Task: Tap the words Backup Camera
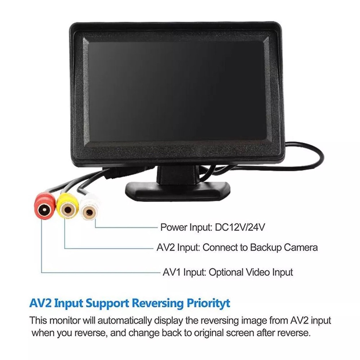coord(284,247)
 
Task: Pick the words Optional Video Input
coord(251,272)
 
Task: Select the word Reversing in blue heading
coord(153,303)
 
